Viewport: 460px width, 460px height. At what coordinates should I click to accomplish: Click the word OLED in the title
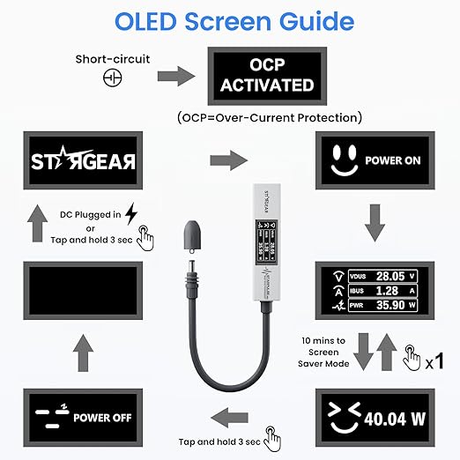145,22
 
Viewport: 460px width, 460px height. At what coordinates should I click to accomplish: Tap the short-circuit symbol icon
113,78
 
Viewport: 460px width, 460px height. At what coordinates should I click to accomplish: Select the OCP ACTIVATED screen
267,76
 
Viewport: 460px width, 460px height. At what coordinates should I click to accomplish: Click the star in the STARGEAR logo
70,157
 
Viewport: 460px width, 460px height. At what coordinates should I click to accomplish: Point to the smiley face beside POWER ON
345,161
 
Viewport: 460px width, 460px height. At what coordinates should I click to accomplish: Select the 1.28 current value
387,291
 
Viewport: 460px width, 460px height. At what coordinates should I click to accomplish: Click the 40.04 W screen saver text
395,419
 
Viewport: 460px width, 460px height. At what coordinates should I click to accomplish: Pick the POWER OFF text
102,418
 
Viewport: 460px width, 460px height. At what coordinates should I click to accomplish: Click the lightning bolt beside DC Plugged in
131,213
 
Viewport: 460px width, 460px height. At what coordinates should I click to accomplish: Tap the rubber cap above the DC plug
192,236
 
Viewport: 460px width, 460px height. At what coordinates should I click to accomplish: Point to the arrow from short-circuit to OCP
176,77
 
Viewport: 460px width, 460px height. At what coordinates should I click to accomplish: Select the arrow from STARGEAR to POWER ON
229,160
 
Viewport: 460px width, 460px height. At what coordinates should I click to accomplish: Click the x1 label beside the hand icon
434,361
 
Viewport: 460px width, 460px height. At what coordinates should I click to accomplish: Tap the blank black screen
83,291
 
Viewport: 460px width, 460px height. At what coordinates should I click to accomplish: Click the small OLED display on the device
265,241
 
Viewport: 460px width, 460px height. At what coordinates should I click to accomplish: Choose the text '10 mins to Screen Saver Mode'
323,352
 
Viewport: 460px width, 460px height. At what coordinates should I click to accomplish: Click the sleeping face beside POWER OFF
52,417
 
